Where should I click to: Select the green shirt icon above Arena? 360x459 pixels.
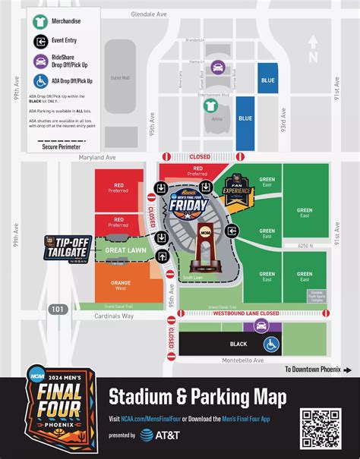pyautogui.click(x=216, y=107)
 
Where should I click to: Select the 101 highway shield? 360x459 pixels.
pyautogui.click(x=57, y=309)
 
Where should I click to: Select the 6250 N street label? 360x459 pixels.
pyautogui.click(x=305, y=246)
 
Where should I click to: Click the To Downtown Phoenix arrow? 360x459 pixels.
pyautogui.click(x=346, y=369)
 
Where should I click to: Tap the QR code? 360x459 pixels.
pyautogui.click(x=321, y=428)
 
